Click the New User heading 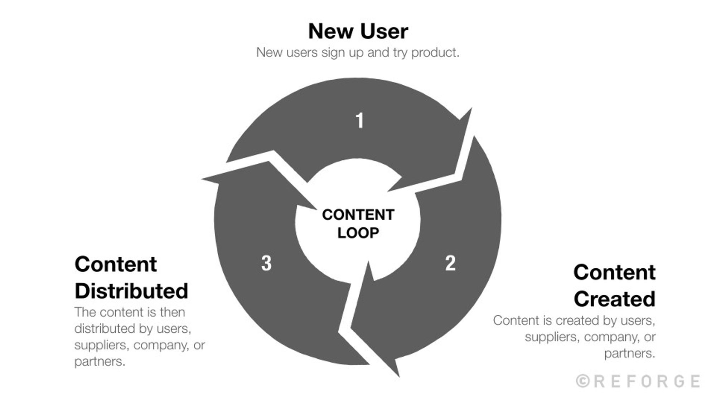358,31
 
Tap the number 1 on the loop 359,120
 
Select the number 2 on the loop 450,263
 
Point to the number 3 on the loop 266,263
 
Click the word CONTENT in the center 358,215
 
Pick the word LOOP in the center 358,233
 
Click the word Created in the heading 614,299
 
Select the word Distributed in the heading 131,291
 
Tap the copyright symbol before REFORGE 583,381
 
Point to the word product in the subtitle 435,53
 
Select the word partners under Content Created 629,353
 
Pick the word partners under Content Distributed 100,361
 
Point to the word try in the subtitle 400,53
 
